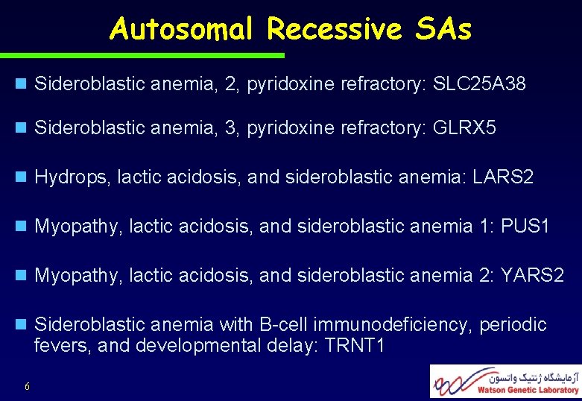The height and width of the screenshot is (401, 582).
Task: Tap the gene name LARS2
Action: [503, 177]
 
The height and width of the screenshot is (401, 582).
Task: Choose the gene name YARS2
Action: [532, 277]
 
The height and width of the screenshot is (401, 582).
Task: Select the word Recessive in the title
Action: [331, 29]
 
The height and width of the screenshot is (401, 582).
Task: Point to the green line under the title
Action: [142, 55]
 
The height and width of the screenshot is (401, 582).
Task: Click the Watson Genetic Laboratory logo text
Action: [517, 390]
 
